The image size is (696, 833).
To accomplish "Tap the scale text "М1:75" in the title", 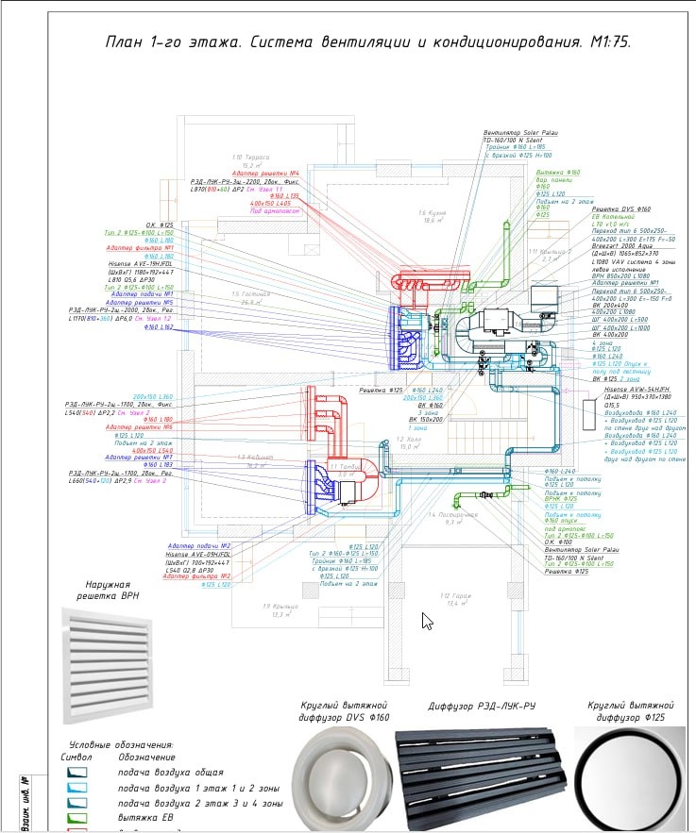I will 607,43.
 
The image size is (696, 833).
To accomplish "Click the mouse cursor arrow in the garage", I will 400,620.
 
